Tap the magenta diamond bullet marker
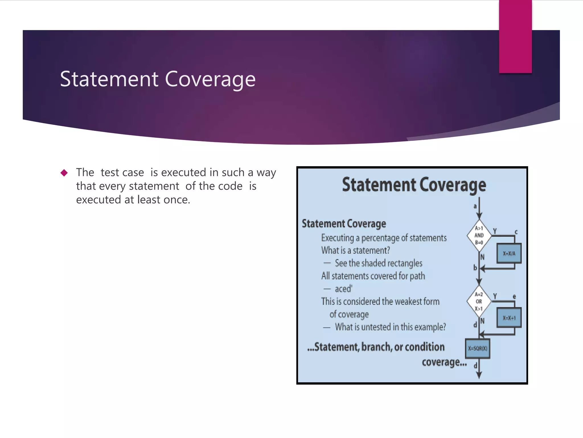[64, 173]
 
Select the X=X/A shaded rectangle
[509, 253]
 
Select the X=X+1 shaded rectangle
[509, 318]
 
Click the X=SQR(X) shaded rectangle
[478, 348]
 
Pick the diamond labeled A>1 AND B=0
[479, 236]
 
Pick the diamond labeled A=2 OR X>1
[479, 301]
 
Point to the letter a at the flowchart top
[475, 206]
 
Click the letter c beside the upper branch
[516, 232]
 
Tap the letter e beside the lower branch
[514, 297]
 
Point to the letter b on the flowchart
[475, 267]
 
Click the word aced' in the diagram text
[344, 289]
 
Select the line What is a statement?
[356, 250]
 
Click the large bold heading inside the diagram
[414, 185]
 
